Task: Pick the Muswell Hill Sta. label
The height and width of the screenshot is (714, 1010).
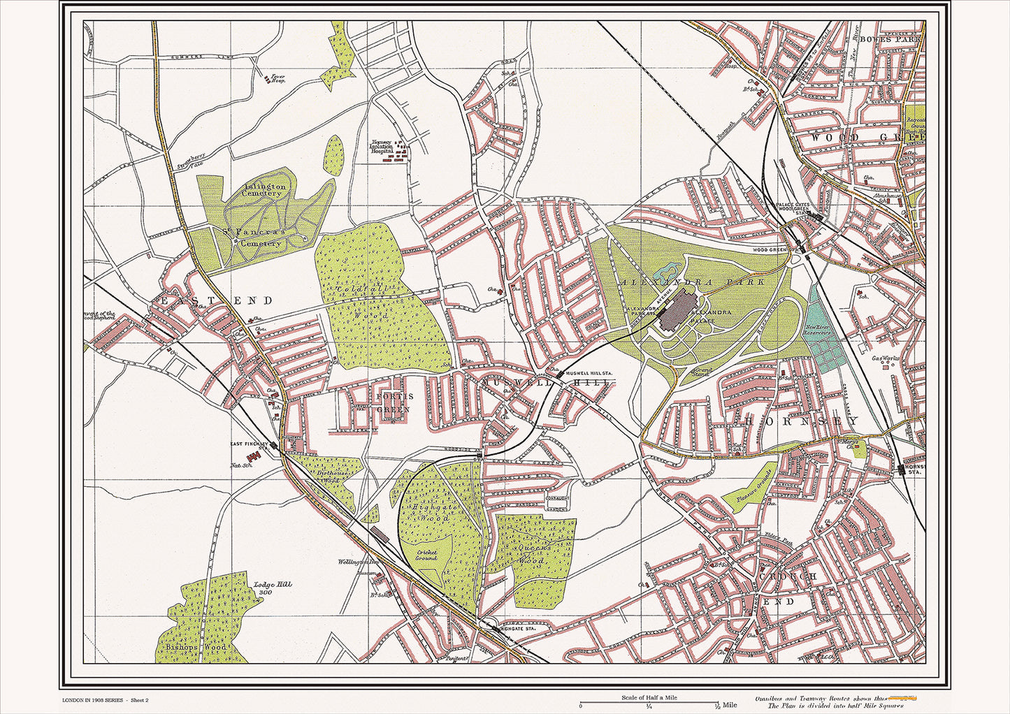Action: coord(589,374)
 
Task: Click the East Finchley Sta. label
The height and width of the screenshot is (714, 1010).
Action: coord(250,444)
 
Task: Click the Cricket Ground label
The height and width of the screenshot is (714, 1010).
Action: coord(426,555)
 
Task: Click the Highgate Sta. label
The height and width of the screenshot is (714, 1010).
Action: coord(518,629)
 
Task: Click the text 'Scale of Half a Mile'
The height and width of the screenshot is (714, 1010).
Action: coord(649,697)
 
